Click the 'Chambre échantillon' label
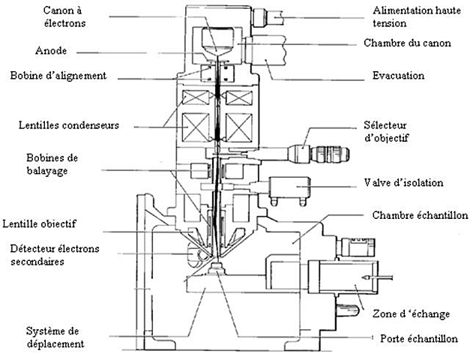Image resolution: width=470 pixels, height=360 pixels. point(415,216)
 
